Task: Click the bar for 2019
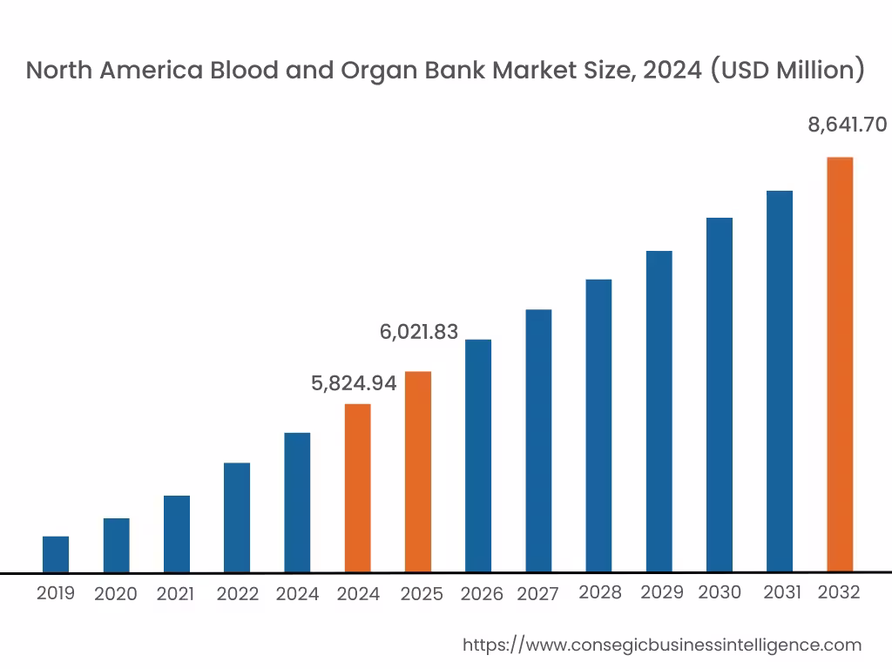pyautogui.click(x=56, y=554)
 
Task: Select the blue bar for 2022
pyautogui.click(x=237, y=517)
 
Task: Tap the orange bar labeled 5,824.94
pyautogui.click(x=357, y=488)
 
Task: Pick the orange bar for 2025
pyautogui.click(x=418, y=472)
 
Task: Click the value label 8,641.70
pyautogui.click(x=847, y=125)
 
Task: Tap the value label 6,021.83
pyautogui.click(x=418, y=331)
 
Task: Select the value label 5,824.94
pyautogui.click(x=354, y=382)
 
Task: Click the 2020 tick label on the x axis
pyautogui.click(x=115, y=594)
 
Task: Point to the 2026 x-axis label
pyautogui.click(x=482, y=594)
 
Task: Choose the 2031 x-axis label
pyautogui.click(x=781, y=592)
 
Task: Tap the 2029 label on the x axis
pyautogui.click(x=662, y=592)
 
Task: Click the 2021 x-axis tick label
pyautogui.click(x=175, y=594)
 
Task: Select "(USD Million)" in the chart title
pyautogui.click(x=787, y=71)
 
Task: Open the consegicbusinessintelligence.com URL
pyautogui.click(x=661, y=645)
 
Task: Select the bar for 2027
pyautogui.click(x=538, y=441)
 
